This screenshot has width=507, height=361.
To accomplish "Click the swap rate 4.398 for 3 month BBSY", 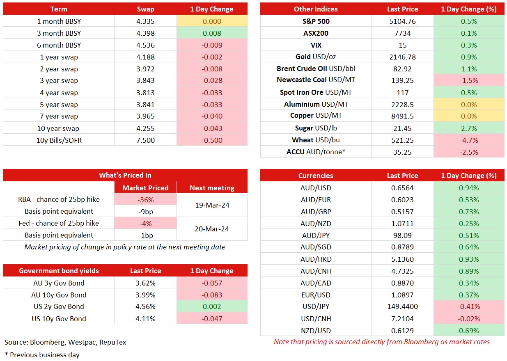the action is pyautogui.click(x=145, y=33).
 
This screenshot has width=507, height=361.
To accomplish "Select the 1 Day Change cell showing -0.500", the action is pyautogui.click(x=212, y=140).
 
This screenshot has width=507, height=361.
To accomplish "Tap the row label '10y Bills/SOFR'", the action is pyautogui.click(x=59, y=140).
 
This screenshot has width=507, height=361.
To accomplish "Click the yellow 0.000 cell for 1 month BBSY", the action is pyautogui.click(x=212, y=21).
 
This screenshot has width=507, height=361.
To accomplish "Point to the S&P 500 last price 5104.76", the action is pyautogui.click(x=402, y=21).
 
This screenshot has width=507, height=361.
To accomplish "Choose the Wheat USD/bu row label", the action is pyautogui.click(x=316, y=140).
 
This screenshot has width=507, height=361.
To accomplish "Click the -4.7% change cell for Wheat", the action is pyautogui.click(x=469, y=140).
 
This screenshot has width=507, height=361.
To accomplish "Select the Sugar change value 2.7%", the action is pyautogui.click(x=469, y=128).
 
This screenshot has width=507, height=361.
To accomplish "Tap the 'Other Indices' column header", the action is pyautogui.click(x=316, y=9).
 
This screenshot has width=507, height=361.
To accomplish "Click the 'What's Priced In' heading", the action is pyautogui.click(x=125, y=175).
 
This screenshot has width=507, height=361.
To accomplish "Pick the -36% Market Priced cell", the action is pyautogui.click(x=146, y=200).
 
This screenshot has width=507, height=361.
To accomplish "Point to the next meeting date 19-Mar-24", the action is pyautogui.click(x=212, y=205).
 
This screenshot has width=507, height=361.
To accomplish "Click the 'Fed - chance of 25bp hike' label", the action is pyautogui.click(x=59, y=223).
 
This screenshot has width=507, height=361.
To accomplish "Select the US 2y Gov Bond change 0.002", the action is pyautogui.click(x=212, y=306).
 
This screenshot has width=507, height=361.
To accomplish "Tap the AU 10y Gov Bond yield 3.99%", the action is pyautogui.click(x=145, y=295).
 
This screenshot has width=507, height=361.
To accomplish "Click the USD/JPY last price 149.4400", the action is pyautogui.click(x=402, y=306).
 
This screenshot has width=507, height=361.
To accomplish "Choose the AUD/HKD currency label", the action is pyautogui.click(x=316, y=259).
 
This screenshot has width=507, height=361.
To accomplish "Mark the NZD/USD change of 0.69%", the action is pyautogui.click(x=469, y=331).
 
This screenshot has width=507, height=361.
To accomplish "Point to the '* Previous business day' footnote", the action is pyautogui.click(x=42, y=355).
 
